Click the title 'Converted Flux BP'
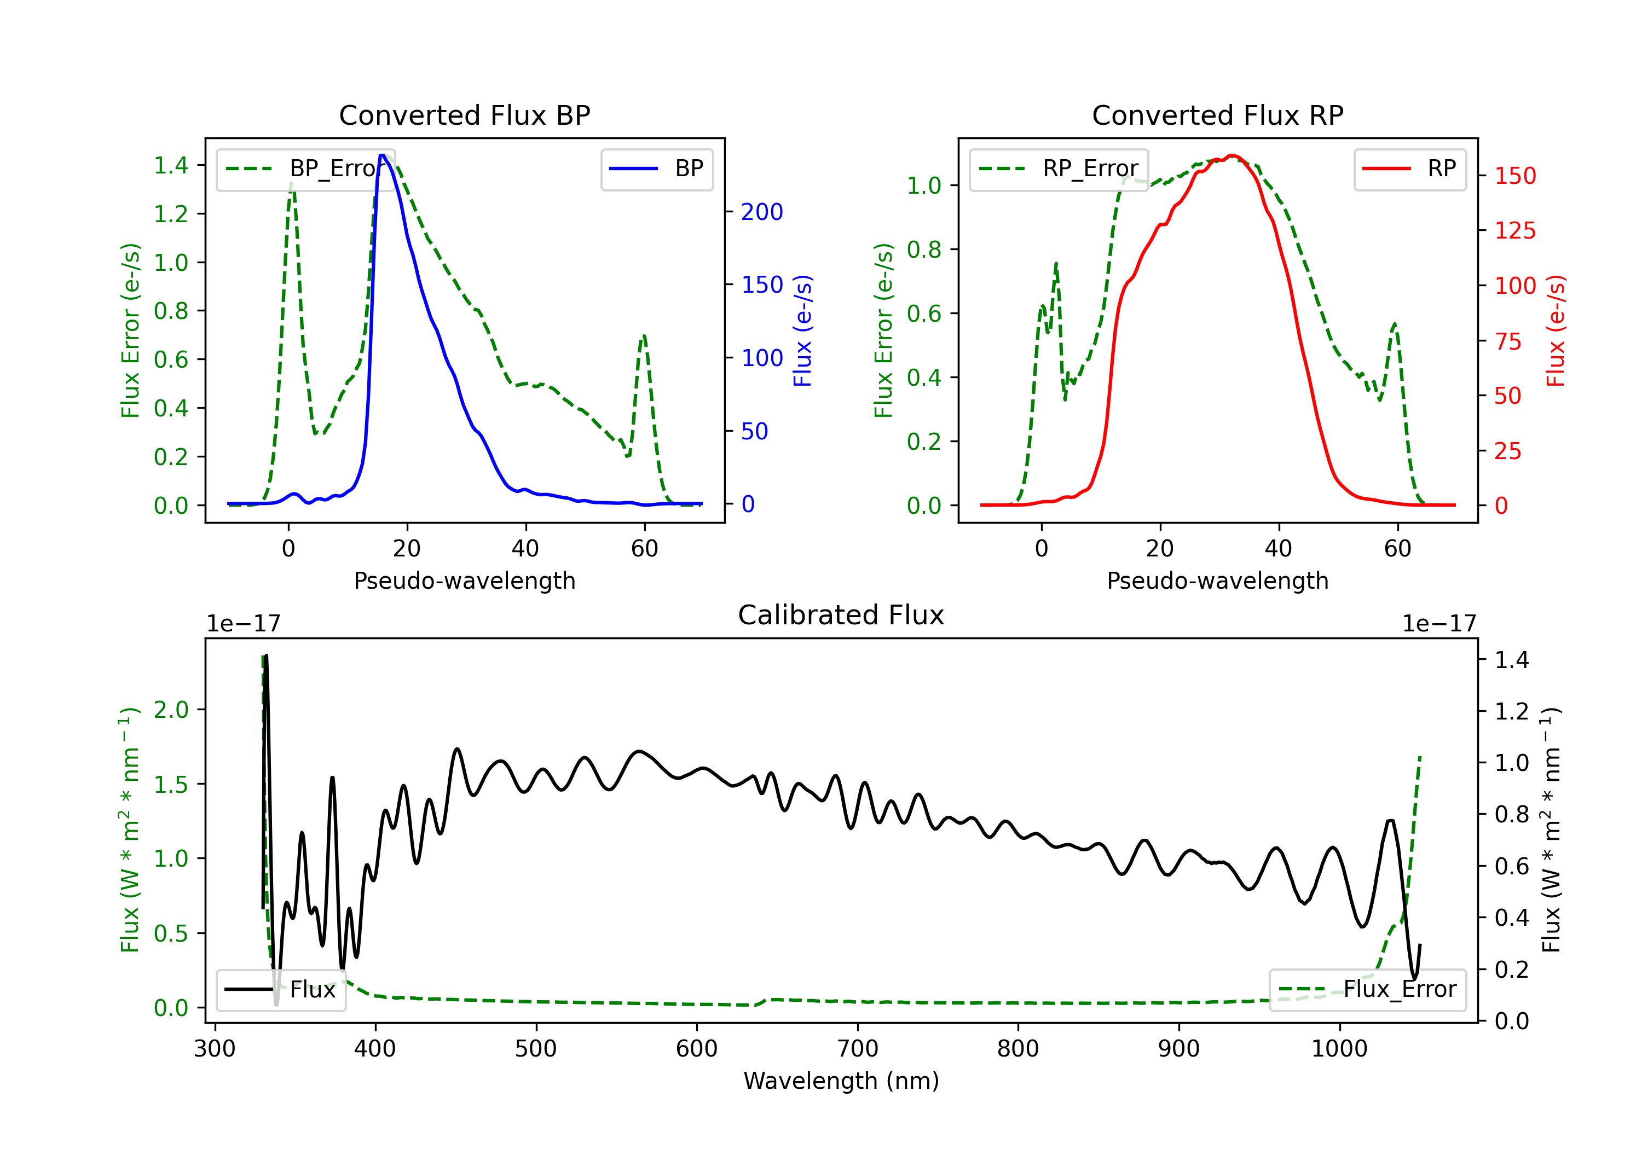click(464, 115)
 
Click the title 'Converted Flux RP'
click(1217, 115)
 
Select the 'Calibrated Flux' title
click(841, 615)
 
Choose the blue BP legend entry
click(656, 169)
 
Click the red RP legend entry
click(1409, 169)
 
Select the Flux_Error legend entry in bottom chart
click(1367, 990)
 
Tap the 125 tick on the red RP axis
click(1514, 231)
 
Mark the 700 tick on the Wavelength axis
click(858, 1049)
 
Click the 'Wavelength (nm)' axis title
click(841, 1081)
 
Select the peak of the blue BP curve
click(383, 155)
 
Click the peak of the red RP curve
click(1231, 155)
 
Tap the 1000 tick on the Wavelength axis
click(1339, 1049)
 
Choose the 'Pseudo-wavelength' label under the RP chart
click(1217, 581)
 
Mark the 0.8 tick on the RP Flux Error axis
click(924, 249)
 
